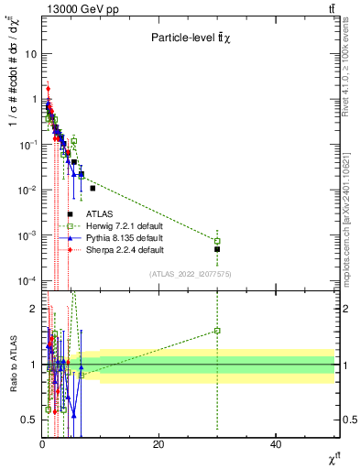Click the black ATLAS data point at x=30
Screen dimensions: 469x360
[x=217, y=249]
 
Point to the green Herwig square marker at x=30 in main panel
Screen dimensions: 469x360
[x=217, y=241]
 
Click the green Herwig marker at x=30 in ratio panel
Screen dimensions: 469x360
[x=217, y=331]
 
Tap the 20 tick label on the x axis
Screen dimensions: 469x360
[x=158, y=444]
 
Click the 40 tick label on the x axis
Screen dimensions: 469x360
[x=276, y=444]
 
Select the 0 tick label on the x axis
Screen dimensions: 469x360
[x=42, y=444]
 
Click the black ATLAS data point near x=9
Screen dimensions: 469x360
[x=93, y=188]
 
